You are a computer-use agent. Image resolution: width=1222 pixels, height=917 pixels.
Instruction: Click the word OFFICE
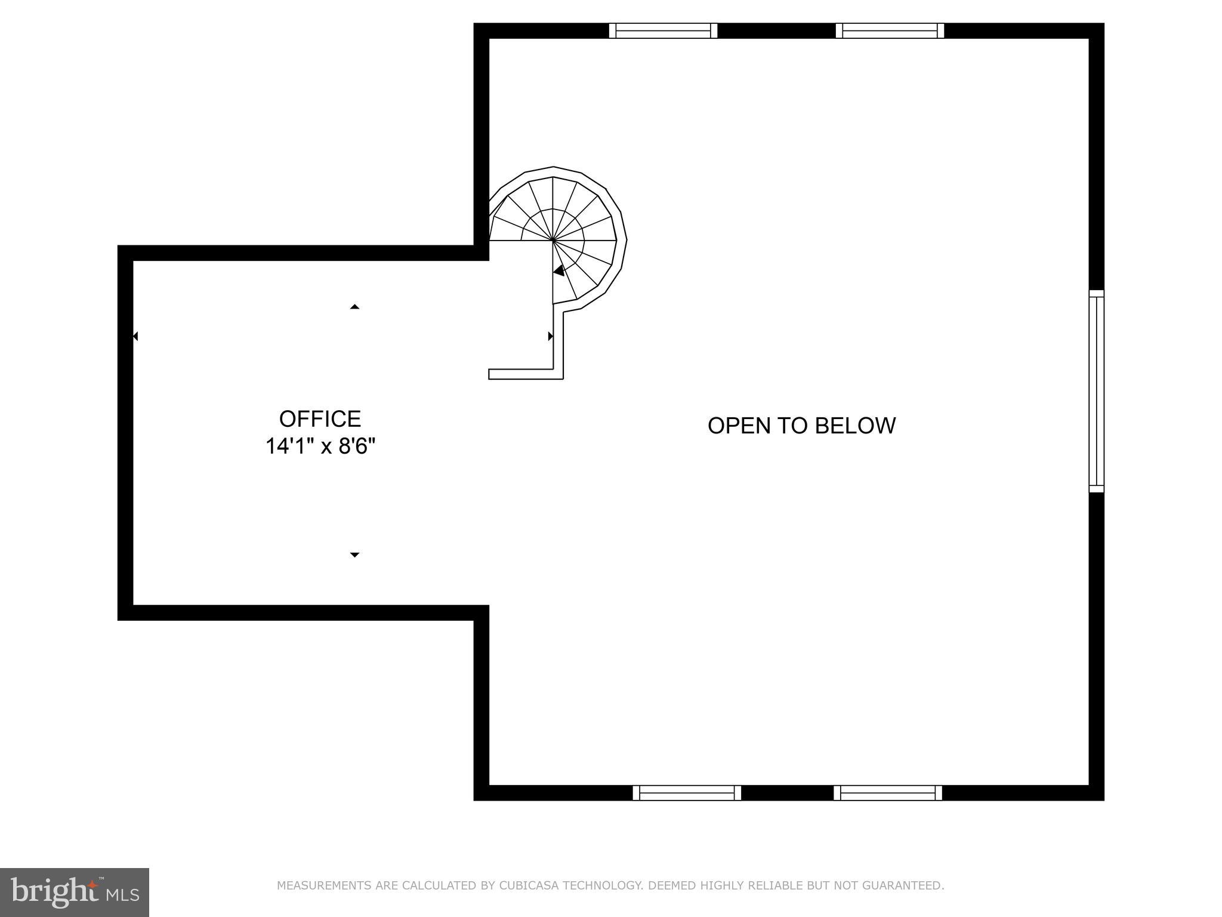tap(320, 419)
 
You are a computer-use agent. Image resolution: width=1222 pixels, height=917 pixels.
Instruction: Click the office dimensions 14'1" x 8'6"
tap(320, 447)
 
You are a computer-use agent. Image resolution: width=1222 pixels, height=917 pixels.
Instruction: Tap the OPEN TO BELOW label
tap(801, 426)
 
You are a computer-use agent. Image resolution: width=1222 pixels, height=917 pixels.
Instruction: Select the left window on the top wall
tap(663, 30)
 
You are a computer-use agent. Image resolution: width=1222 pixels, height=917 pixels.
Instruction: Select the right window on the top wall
tap(890, 30)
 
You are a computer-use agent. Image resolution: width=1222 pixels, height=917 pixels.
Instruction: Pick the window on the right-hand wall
tap(1096, 391)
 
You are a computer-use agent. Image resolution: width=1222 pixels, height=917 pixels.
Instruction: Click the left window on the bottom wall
tap(687, 793)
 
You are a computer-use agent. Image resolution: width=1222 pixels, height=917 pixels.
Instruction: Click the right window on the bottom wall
tap(888, 793)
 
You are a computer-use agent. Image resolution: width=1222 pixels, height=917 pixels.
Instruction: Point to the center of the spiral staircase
tap(553, 241)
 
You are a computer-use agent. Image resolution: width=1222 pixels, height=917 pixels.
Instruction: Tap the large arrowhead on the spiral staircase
tap(559, 270)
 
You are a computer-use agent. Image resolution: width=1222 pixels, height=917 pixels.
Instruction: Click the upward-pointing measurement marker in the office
tap(354, 307)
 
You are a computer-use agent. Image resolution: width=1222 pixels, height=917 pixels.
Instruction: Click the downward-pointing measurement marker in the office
tap(354, 555)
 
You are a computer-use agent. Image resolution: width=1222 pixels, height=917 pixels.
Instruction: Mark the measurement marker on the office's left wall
tap(135, 337)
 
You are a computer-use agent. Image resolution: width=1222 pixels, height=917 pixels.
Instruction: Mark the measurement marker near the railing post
tap(550, 337)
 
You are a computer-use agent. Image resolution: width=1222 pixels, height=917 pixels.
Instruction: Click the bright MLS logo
tap(74, 892)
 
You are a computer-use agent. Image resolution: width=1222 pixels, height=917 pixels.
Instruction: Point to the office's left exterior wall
tap(125, 433)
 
